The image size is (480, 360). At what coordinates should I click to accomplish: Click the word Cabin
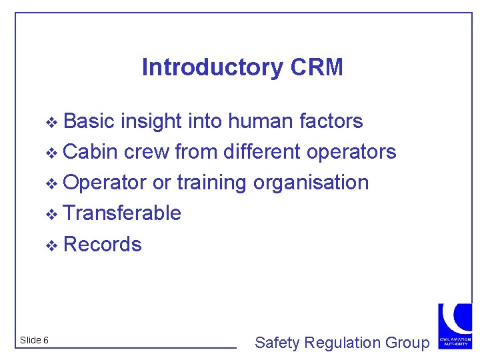91,151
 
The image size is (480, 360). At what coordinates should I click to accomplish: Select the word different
262,151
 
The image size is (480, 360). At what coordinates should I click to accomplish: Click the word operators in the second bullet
351,151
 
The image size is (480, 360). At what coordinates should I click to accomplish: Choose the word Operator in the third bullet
105,182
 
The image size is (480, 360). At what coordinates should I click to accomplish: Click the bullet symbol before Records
55,245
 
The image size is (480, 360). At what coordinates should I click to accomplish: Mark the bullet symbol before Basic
55,122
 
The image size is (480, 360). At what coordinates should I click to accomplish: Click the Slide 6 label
34,340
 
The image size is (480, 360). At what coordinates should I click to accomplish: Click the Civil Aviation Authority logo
455,325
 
